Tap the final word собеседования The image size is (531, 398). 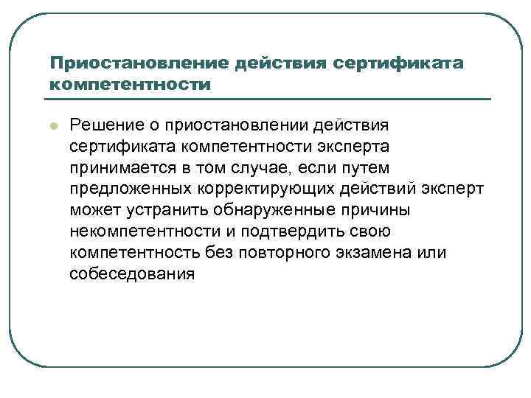pos(133,275)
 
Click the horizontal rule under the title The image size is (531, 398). pos(269,99)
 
